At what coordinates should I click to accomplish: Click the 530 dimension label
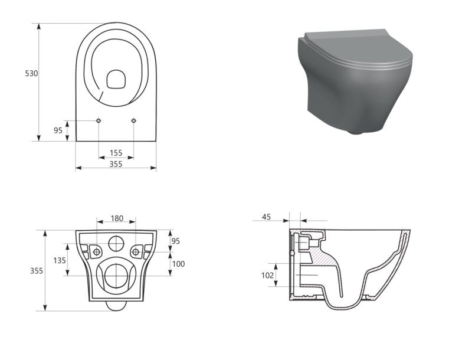point(31,73)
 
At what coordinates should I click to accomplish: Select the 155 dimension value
point(116,153)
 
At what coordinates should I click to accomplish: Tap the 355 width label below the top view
point(116,163)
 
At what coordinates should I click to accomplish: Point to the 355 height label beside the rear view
point(37,271)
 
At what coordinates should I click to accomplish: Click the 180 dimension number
point(117,218)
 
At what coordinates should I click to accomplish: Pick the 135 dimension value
point(60,260)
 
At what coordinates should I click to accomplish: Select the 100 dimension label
point(178,264)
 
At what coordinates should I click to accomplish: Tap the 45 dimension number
point(267,217)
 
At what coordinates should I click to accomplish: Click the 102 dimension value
point(267,275)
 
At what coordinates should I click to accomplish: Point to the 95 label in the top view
point(58,130)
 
